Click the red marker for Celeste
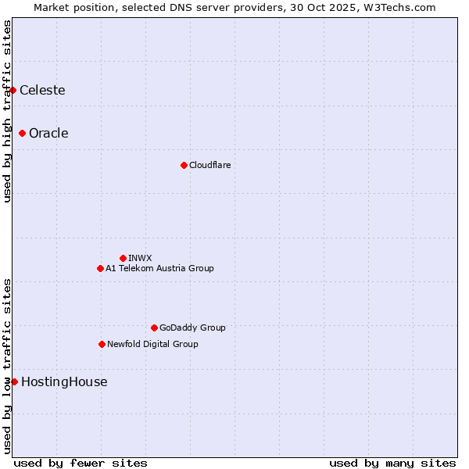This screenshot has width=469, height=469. coord(13,91)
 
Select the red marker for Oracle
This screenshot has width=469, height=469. coord(23,134)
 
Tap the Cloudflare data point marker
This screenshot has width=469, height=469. coord(184,165)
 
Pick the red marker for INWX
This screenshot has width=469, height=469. coord(123,258)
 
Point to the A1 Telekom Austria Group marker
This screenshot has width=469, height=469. coord(100,268)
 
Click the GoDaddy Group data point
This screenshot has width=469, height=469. coord(154,328)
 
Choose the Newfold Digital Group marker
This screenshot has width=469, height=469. coord(102,344)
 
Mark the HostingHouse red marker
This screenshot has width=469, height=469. coord(14,381)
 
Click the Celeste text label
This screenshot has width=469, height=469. coord(42,91)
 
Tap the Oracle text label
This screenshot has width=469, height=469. coord(48,134)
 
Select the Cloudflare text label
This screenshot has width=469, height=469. coord(209,165)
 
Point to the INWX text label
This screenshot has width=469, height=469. coord(140,258)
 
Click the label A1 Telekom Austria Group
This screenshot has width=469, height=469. coord(159,268)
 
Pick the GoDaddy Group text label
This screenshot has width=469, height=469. coord(192,328)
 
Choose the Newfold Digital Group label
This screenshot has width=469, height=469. coord(152,344)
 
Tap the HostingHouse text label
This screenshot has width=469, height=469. coord(64,382)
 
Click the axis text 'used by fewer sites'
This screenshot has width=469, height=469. coord(81,464)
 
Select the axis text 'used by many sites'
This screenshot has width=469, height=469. coord(392,464)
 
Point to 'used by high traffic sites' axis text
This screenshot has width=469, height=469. coord(7,111)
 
